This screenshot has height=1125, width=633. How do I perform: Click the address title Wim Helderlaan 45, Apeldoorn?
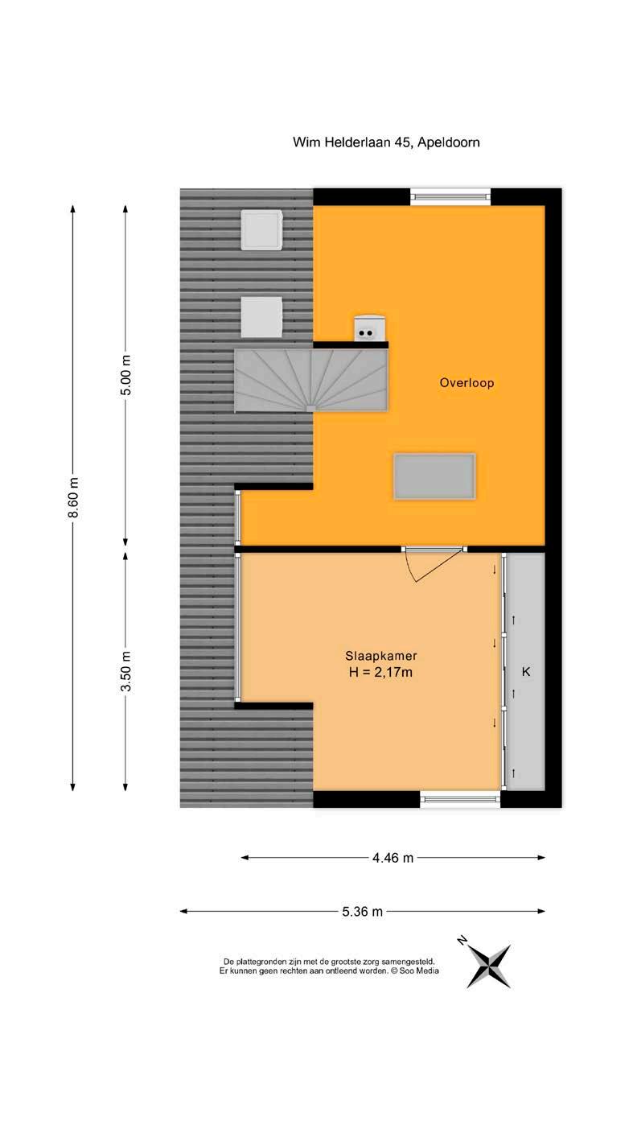[x=386, y=142]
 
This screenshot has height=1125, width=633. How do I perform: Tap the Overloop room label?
[x=467, y=383]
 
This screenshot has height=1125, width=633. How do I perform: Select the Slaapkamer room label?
[x=381, y=655]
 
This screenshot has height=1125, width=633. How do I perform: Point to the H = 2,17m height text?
[x=380, y=672]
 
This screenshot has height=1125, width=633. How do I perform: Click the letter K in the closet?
[x=525, y=671]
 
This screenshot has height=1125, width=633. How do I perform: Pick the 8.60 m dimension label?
[x=73, y=497]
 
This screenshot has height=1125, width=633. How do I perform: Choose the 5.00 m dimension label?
[x=126, y=375]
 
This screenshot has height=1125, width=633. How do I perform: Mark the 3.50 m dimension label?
[x=126, y=671]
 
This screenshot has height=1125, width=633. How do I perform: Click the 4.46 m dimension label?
[x=393, y=858]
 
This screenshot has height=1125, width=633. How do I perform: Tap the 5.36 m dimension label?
[x=363, y=912]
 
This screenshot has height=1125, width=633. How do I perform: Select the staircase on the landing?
[x=311, y=380]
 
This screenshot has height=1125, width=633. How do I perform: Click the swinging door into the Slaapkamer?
[x=434, y=563]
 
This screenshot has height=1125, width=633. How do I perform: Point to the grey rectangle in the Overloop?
[x=434, y=476]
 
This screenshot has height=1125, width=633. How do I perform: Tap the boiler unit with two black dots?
[x=371, y=328]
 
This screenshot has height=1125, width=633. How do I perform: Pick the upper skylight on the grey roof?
[x=261, y=229]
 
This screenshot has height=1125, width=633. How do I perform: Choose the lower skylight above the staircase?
[x=261, y=317]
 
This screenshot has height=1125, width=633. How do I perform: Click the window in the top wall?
[x=450, y=197]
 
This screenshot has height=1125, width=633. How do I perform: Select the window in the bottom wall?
[x=460, y=798]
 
